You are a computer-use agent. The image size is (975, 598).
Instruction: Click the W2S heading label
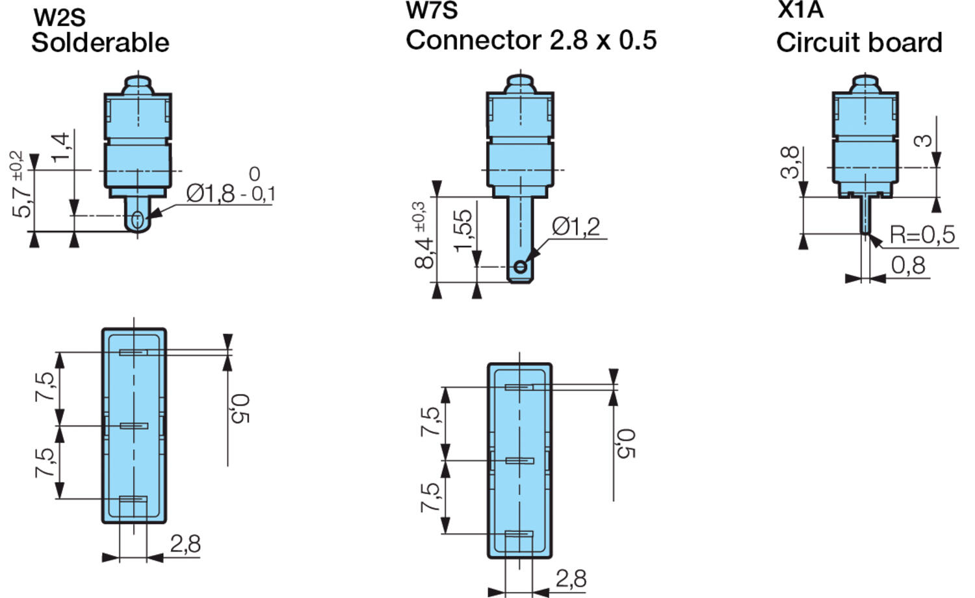point(59,17)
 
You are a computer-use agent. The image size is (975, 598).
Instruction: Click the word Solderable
point(100,43)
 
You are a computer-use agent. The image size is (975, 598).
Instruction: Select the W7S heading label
point(432,11)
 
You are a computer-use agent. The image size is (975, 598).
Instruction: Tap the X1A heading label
point(800,10)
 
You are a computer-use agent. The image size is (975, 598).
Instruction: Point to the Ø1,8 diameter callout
point(210,193)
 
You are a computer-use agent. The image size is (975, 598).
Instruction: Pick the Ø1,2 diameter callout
point(576,227)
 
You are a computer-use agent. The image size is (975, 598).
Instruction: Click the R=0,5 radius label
point(922,235)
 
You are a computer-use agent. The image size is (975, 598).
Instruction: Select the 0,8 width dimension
point(908,265)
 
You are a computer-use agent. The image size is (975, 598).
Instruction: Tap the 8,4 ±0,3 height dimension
point(424,235)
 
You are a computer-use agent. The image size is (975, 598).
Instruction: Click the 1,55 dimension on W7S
point(463,230)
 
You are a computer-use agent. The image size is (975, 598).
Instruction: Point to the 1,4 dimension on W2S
point(61,148)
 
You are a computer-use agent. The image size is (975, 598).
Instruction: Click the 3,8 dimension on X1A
point(789,162)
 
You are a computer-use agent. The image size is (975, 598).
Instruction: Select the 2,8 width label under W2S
point(185,544)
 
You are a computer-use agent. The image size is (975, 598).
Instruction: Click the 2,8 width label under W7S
point(571,578)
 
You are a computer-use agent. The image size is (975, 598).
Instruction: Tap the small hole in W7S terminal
point(520,266)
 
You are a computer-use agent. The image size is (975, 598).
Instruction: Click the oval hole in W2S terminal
point(136,220)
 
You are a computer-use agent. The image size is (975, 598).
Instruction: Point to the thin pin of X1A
point(865,214)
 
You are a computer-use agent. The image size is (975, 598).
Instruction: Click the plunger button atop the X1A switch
point(865,83)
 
